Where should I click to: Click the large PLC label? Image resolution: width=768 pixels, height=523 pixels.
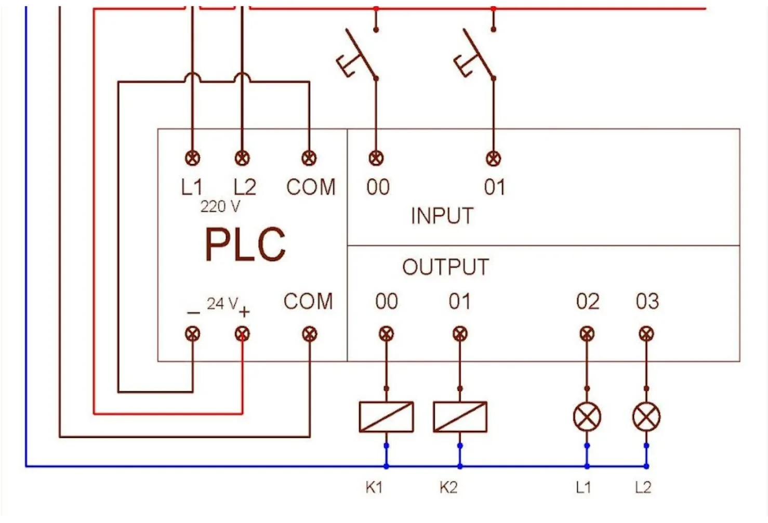click(x=245, y=244)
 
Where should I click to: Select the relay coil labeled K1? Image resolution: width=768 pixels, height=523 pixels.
click(x=386, y=417)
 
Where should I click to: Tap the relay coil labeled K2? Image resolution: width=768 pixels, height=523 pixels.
click(x=460, y=417)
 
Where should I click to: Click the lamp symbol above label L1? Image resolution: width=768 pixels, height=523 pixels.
click(x=587, y=417)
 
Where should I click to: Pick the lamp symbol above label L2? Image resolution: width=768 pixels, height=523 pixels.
click(x=646, y=417)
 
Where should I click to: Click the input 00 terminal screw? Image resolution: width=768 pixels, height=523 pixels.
click(x=376, y=158)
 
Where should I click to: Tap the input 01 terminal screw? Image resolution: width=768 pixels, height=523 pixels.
click(x=493, y=158)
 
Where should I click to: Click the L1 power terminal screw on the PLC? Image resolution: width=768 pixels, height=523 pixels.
click(x=192, y=158)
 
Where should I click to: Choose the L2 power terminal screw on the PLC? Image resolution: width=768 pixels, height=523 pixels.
click(x=242, y=158)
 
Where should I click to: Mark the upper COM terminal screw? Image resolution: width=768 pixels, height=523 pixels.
click(x=309, y=158)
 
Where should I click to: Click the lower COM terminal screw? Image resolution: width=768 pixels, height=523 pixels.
click(x=309, y=334)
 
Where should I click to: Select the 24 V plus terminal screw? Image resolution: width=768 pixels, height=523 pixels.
click(x=242, y=334)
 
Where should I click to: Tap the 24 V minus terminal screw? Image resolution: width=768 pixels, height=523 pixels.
click(x=192, y=334)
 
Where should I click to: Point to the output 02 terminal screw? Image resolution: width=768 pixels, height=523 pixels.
click(x=587, y=334)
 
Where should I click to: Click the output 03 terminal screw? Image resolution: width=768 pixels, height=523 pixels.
click(x=646, y=334)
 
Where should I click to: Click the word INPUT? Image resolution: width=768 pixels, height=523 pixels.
click(x=442, y=216)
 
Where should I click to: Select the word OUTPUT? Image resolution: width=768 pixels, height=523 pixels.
click(x=446, y=267)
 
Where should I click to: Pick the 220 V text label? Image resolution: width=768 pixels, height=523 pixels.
click(x=220, y=207)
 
